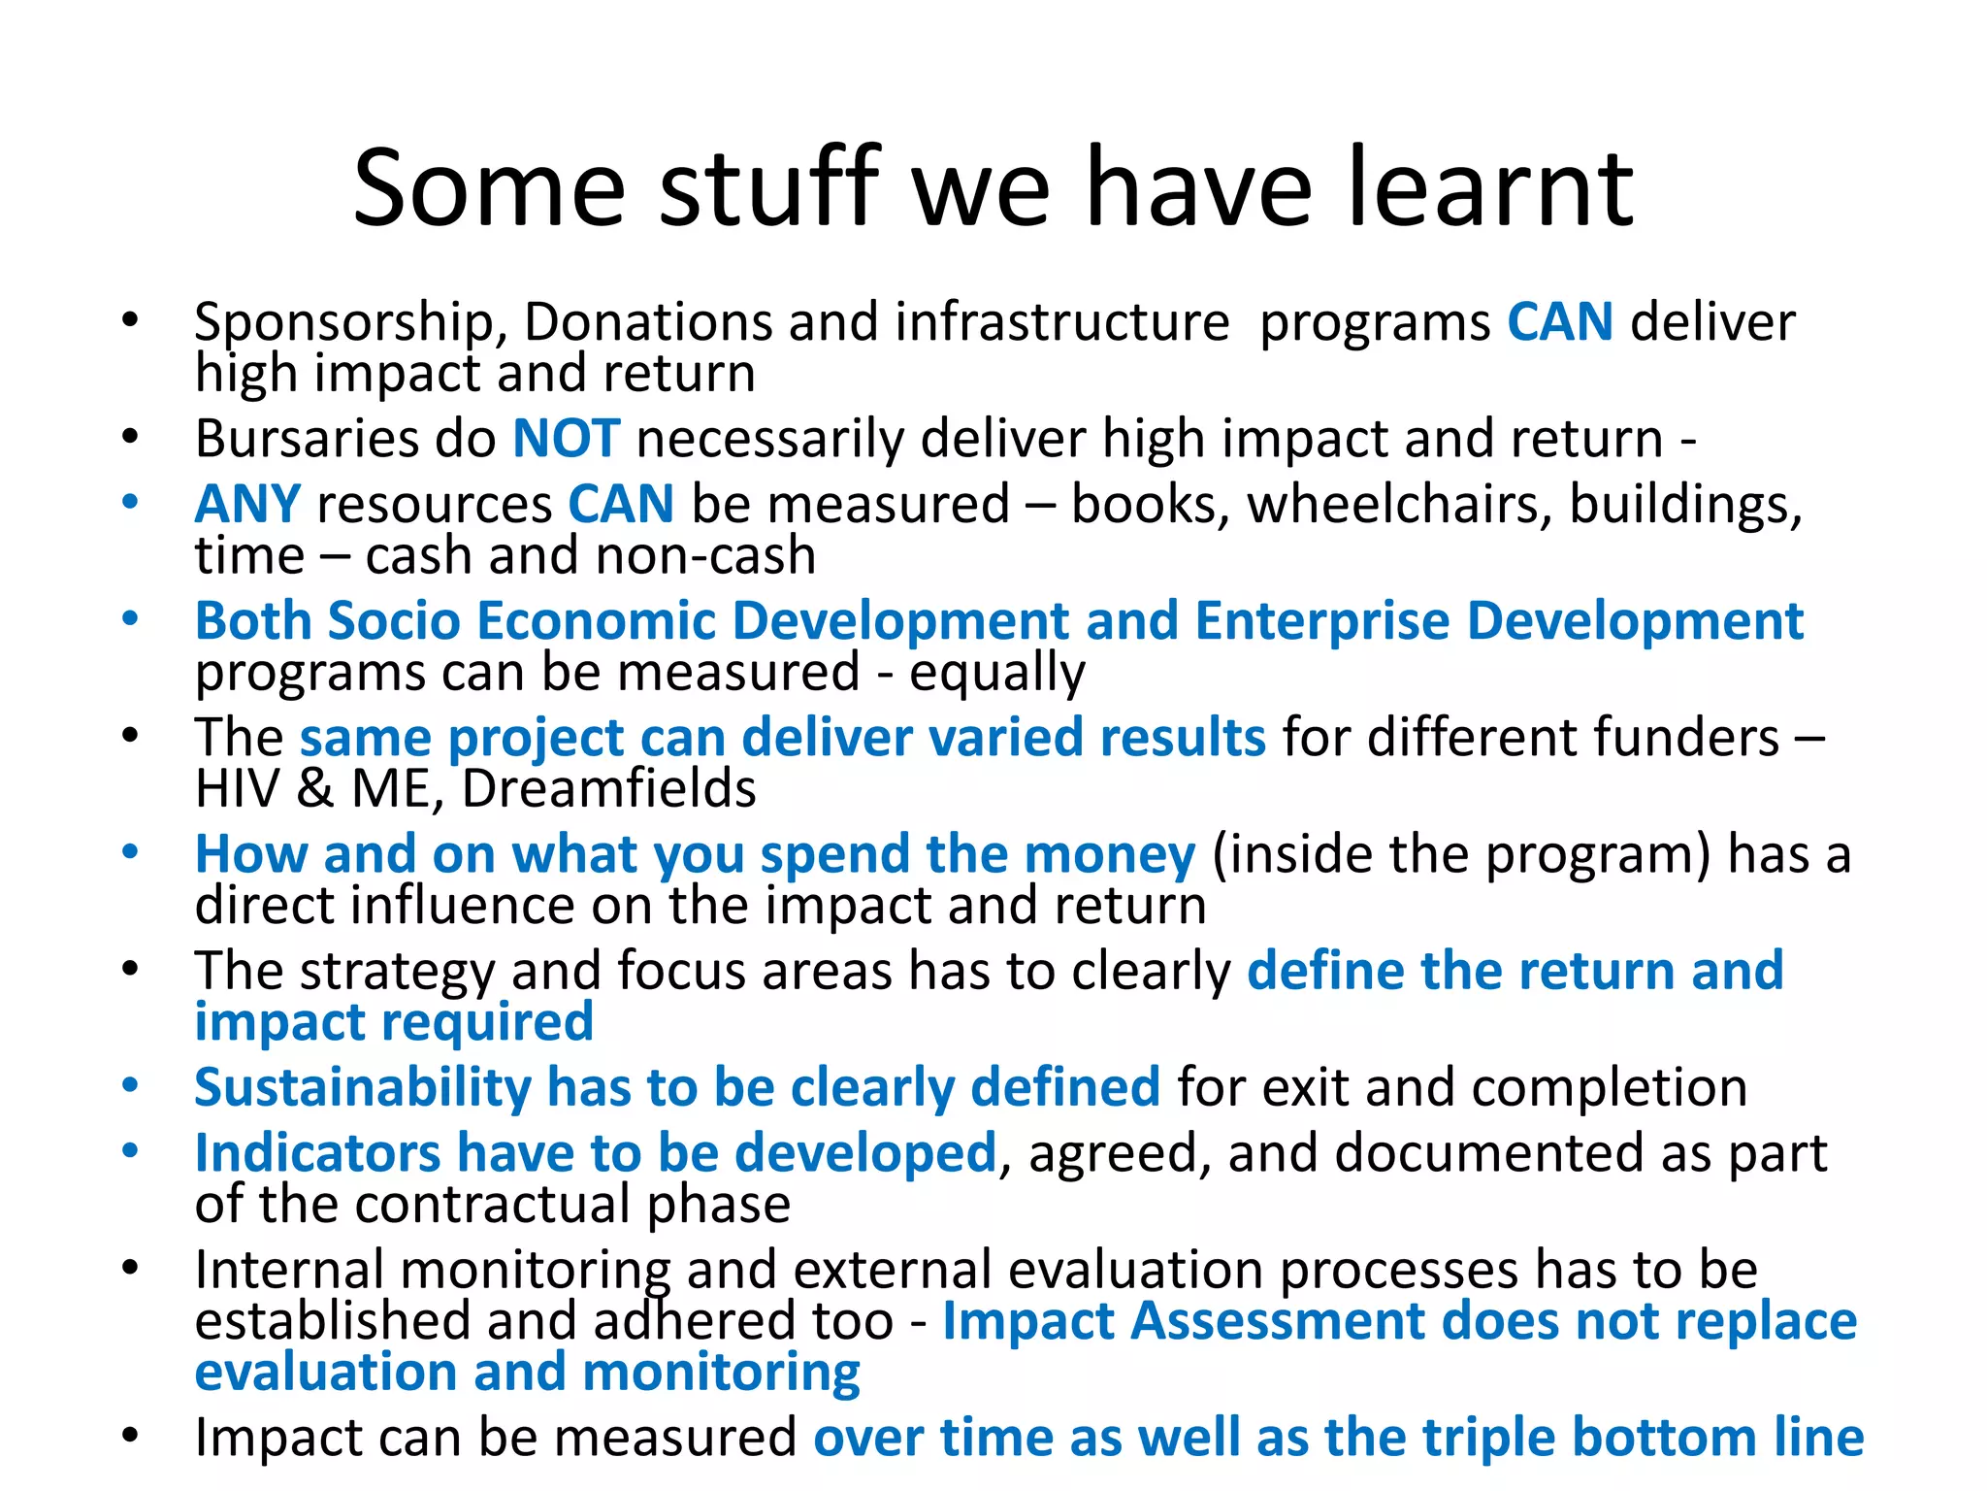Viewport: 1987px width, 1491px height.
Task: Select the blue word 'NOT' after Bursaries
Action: (566, 439)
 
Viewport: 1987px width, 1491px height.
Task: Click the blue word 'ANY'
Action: (247, 505)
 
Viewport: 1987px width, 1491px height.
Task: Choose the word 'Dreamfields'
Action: (608, 788)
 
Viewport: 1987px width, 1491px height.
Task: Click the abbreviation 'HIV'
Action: (237, 788)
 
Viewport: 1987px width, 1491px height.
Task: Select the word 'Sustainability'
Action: (362, 1087)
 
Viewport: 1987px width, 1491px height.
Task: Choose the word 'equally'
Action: (996, 673)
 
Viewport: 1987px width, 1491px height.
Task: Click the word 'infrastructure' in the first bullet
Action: (1062, 323)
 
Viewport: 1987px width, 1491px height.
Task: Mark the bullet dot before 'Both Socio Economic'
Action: (130, 618)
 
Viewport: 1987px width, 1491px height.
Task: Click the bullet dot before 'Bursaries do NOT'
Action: (130, 437)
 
